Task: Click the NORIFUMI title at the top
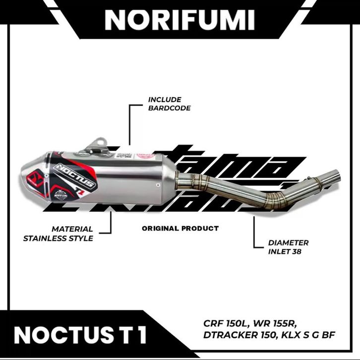(180, 20)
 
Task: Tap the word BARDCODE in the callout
(169, 108)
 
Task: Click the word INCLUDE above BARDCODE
(165, 99)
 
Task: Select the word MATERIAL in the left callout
(72, 229)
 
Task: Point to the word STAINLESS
(48, 238)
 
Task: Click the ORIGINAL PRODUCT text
(180, 229)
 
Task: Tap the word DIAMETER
(288, 243)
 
